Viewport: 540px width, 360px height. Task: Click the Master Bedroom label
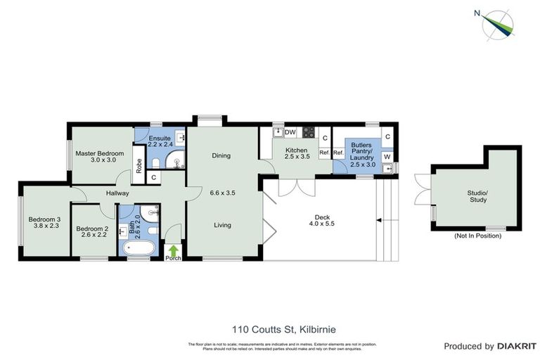click(x=100, y=153)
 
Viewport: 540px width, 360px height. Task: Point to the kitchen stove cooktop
click(x=308, y=132)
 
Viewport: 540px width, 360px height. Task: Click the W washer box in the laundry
click(x=387, y=156)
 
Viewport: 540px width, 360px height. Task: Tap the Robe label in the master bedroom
click(x=139, y=166)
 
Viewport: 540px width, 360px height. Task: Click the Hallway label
click(x=117, y=193)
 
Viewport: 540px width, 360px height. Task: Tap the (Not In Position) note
click(x=477, y=236)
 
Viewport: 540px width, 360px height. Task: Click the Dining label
click(x=221, y=156)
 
